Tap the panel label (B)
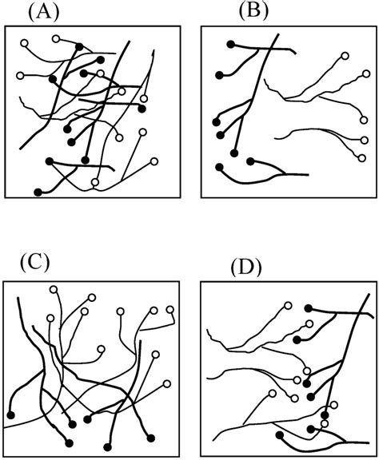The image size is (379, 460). [253, 12]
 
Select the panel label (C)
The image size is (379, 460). [34, 264]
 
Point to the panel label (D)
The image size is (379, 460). [246, 268]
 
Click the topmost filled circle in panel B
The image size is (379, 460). [231, 44]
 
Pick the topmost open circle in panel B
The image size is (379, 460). [345, 55]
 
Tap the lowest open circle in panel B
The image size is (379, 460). [362, 158]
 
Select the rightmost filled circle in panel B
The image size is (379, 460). [250, 161]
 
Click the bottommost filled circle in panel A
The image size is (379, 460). [38, 192]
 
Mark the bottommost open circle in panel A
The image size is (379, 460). [94, 182]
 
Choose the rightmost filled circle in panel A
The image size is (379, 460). [142, 109]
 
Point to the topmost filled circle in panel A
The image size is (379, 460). [79, 46]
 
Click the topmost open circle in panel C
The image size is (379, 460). [54, 289]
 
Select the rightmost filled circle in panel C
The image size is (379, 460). [151, 438]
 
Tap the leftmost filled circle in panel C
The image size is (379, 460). [11, 415]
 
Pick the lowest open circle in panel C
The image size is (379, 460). [167, 383]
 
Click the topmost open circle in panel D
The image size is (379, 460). [288, 306]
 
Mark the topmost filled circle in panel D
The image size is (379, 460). [308, 308]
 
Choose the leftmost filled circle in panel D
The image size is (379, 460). [280, 434]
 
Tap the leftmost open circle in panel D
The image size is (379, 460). [273, 393]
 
